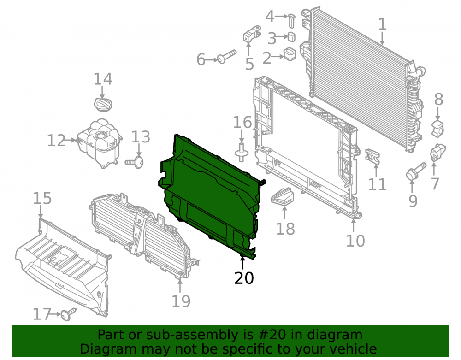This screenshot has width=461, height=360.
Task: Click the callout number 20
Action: pos(244,278)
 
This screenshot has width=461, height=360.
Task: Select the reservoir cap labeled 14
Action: pos(103,104)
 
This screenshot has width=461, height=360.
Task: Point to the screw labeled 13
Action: pos(135,162)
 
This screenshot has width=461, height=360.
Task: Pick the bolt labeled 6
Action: pos(227,56)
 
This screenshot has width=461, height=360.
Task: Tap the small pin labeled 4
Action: pos(292,20)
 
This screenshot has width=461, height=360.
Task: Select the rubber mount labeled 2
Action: pos(290,54)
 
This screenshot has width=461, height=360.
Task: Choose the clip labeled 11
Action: pos(372,156)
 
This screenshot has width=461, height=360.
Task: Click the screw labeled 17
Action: pos(69,314)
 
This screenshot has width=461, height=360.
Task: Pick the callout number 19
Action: pos(181,301)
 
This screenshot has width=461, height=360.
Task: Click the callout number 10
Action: pos(355,241)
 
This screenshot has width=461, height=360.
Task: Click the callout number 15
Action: pos(42,198)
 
